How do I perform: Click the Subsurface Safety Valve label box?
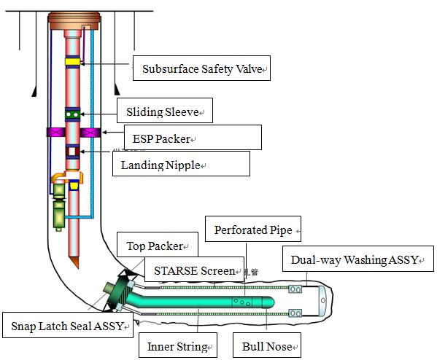201,69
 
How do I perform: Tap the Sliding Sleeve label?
165,111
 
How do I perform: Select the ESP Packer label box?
193,137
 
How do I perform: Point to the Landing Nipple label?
181,164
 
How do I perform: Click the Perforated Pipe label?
253,229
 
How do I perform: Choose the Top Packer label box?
158,244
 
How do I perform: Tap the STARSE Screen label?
194,269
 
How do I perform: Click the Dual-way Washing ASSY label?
358,259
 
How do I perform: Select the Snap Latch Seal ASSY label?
68,325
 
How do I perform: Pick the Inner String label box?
178,345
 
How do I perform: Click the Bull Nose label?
267,345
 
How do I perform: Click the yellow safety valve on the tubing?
73,62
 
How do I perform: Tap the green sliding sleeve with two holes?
73,114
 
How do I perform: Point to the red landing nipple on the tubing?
72,152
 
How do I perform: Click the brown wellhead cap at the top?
74,21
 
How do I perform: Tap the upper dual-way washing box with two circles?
295,289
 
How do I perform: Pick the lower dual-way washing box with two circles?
295,313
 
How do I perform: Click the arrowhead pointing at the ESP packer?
104,132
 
